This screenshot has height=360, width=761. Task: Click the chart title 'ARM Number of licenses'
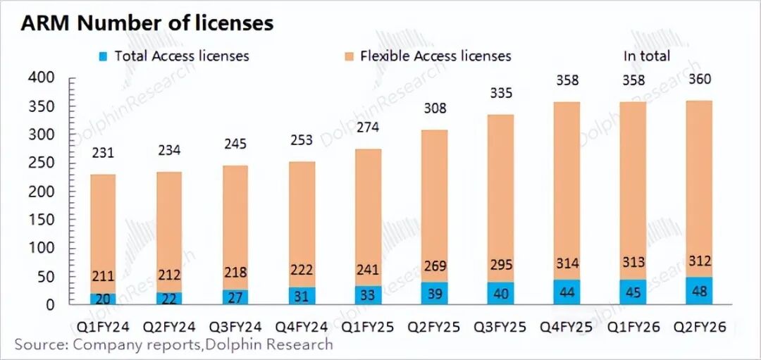pyautogui.click(x=147, y=23)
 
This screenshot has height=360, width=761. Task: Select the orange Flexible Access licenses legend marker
pyautogui.click(x=349, y=56)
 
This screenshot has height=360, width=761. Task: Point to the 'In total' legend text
pyautogui.click(x=646, y=56)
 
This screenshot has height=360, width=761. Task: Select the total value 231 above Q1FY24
pyautogui.click(x=103, y=151)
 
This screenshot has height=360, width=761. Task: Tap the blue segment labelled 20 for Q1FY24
pyautogui.click(x=103, y=299)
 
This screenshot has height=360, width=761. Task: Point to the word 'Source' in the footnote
pyautogui.click(x=39, y=345)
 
